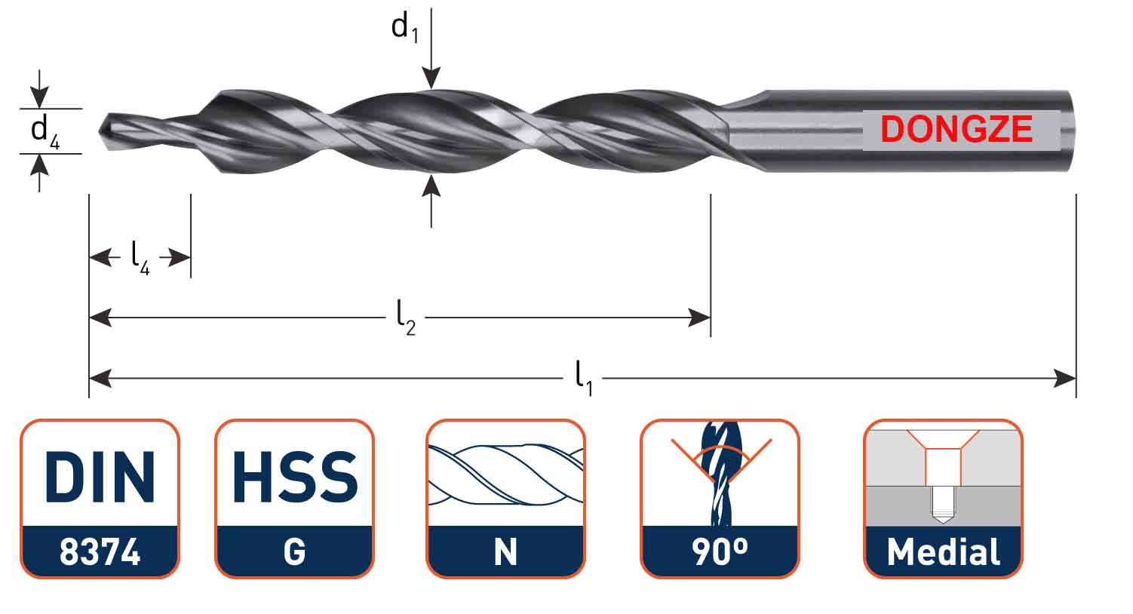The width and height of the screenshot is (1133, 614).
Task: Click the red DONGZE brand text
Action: click(956, 130)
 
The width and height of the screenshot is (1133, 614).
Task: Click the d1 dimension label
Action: click(405, 28)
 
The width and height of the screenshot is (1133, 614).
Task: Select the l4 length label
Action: click(140, 257)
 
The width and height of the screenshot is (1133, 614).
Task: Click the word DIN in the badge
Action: click(100, 477)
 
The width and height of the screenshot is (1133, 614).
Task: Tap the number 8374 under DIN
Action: click(100, 552)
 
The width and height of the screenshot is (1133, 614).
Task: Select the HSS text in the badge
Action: click(294, 477)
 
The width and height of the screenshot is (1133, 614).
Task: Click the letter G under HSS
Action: click(294, 552)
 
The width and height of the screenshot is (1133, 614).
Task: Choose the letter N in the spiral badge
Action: click(505, 552)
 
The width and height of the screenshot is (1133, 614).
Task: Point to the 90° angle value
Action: click(719, 552)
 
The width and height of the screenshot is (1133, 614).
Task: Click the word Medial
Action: click(943, 552)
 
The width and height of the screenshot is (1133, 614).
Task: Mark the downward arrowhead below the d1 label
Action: click(431, 78)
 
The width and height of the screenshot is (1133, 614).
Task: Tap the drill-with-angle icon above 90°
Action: click(719, 474)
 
